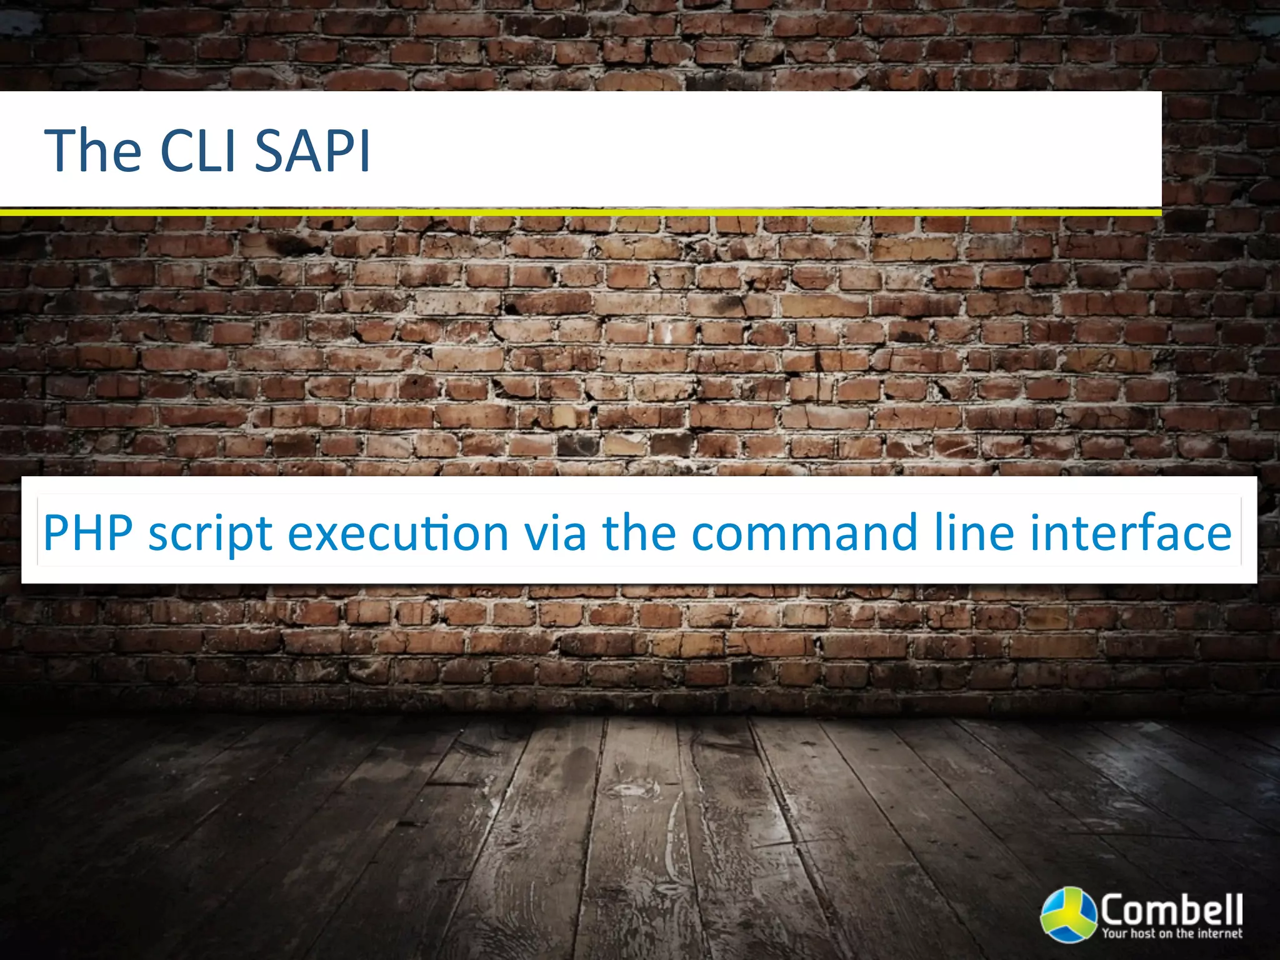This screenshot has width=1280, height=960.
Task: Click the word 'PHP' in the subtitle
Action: [x=88, y=532]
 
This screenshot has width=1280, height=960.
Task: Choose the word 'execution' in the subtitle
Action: [x=398, y=532]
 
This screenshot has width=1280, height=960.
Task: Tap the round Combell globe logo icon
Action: [x=1068, y=914]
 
